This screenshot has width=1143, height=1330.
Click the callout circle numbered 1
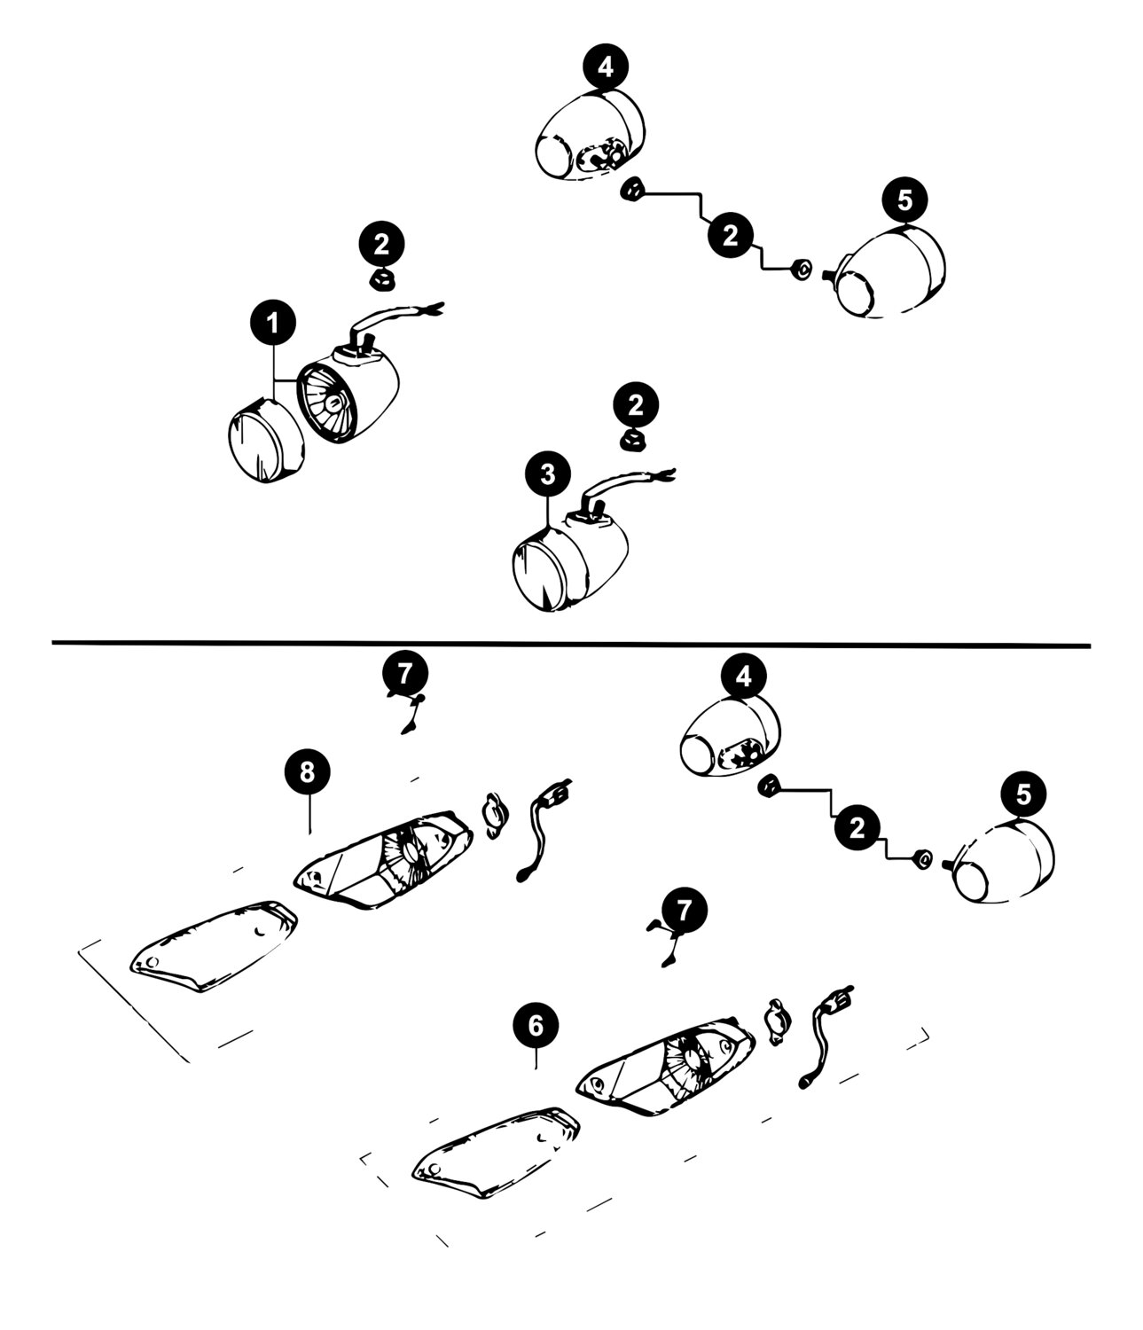(x=273, y=323)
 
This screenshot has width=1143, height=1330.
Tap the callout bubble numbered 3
(x=548, y=474)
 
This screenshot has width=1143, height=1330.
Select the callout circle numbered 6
(x=536, y=1026)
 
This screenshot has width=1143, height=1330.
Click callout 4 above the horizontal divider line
(x=606, y=66)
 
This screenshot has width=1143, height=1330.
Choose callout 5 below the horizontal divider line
(x=1023, y=794)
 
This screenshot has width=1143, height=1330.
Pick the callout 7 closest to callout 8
(x=405, y=674)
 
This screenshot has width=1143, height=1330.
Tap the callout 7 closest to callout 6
(x=684, y=910)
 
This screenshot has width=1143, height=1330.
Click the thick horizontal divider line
(x=571, y=644)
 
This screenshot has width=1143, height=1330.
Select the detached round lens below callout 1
(x=266, y=440)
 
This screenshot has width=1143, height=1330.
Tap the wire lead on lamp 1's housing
(x=394, y=322)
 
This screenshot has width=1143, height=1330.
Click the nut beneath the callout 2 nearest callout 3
(x=632, y=442)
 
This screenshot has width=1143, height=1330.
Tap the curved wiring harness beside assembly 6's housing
(x=824, y=1038)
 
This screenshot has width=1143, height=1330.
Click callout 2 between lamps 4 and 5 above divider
(x=730, y=236)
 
